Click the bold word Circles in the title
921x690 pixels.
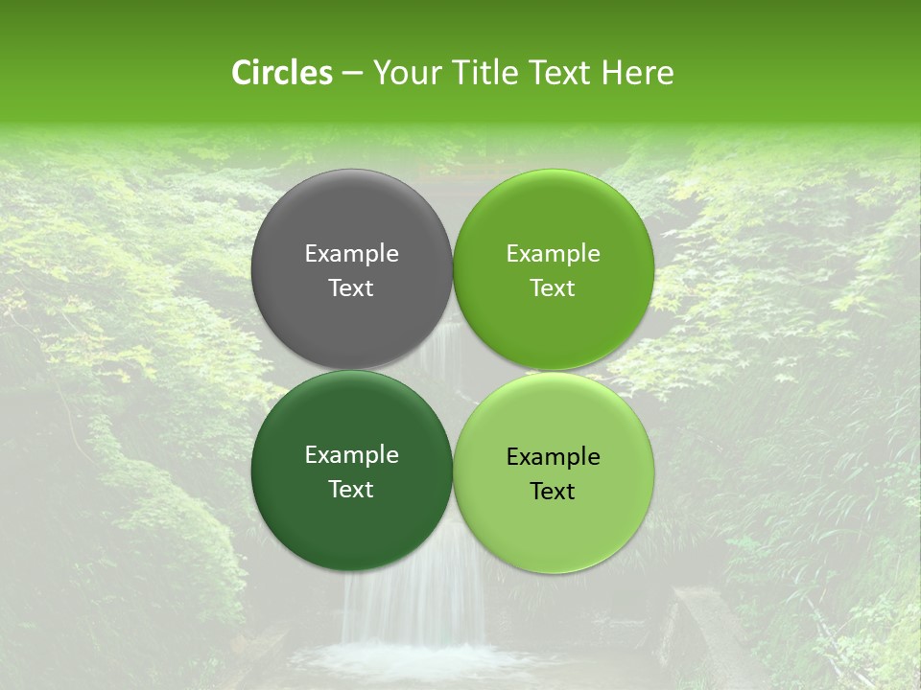[x=281, y=73]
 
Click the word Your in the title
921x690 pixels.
[x=406, y=73]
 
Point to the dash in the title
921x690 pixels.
[x=351, y=74]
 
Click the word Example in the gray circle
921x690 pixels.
[x=351, y=253]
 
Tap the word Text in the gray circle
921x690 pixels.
[x=351, y=287]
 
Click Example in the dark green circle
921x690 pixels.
[x=351, y=454]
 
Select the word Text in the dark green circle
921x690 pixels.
[x=351, y=489]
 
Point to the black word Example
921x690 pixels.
[x=554, y=456]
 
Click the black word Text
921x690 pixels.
[x=553, y=491]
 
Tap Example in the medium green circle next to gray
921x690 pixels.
[x=554, y=253]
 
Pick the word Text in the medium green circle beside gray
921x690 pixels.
[x=553, y=287]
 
